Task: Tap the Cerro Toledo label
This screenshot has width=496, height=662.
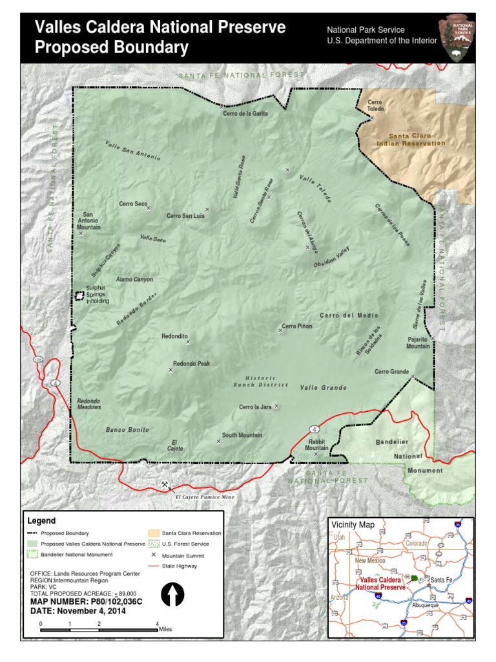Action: click(375, 105)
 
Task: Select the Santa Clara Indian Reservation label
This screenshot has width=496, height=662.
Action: click(417, 140)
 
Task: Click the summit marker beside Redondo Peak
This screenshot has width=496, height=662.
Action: click(170, 370)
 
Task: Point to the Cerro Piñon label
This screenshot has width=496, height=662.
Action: click(297, 326)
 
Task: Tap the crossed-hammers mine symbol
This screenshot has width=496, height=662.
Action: click(165, 485)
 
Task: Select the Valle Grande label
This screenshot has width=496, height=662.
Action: click(324, 388)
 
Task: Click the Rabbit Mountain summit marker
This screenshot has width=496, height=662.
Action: click(316, 454)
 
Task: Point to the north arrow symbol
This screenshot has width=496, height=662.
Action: click(172, 593)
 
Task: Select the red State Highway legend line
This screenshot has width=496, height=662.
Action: click(154, 566)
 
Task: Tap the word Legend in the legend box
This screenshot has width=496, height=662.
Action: click(41, 520)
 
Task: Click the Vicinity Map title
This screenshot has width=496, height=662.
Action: click(353, 524)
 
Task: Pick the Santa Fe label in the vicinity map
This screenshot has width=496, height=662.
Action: click(443, 580)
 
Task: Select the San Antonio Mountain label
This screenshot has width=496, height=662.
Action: click(89, 220)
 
